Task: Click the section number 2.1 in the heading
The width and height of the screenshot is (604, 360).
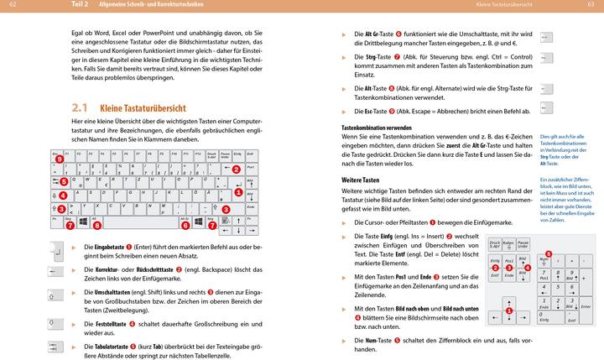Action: [x=80, y=108]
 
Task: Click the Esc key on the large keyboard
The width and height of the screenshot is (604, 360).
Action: [x=56, y=155]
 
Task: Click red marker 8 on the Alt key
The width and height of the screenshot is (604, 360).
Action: [x=96, y=225]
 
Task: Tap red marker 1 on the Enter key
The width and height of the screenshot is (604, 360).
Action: [x=238, y=192]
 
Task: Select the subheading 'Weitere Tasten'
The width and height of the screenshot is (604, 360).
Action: [x=362, y=180]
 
